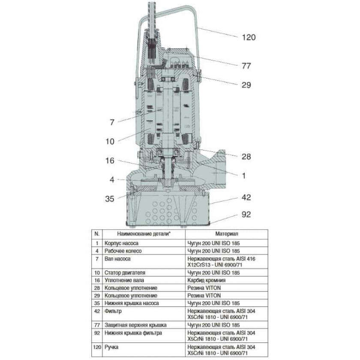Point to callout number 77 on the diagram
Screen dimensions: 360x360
246,66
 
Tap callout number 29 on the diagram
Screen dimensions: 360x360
246,85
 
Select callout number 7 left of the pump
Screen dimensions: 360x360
111,123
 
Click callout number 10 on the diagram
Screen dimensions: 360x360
110,140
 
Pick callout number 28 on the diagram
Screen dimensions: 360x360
246,156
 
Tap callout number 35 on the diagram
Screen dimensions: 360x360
110,198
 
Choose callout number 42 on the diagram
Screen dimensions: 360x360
246,198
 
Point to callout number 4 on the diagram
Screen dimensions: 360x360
111,180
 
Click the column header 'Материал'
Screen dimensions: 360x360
227,234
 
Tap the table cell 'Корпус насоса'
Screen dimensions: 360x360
121,243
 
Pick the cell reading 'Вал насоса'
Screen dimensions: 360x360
117,259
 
